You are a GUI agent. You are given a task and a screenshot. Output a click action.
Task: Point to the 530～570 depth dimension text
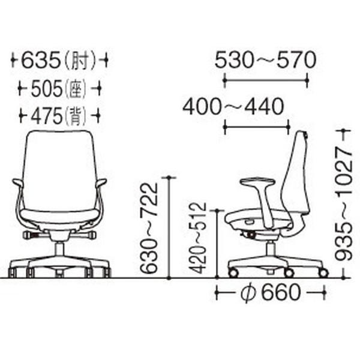coord(265,60)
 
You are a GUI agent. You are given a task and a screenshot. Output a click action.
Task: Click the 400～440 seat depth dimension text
coord(233,107)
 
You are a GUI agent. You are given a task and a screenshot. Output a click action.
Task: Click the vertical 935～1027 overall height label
coord(343,204)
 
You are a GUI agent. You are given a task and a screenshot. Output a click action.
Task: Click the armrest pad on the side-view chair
coord(256,181)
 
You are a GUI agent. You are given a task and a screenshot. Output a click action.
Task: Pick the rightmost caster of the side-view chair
coord(323,273)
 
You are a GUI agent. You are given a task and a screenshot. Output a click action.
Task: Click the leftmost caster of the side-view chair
coord(232,273)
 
